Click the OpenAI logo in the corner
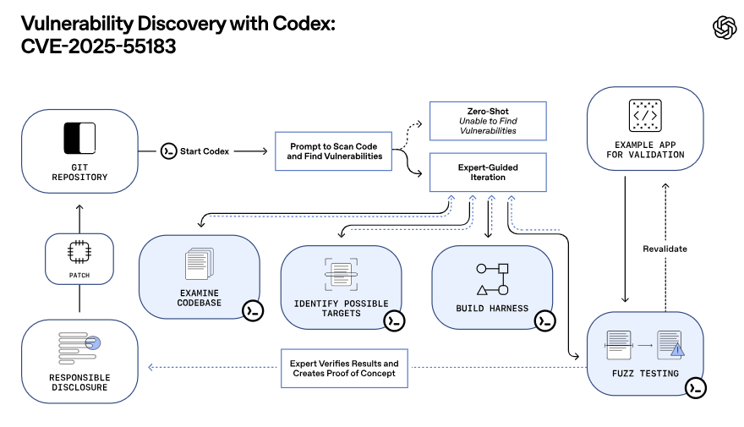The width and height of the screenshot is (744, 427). coord(725,28)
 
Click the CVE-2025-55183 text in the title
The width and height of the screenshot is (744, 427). coord(99,47)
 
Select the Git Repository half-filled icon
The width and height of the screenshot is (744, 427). coord(79,138)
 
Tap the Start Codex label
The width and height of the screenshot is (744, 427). coord(204,151)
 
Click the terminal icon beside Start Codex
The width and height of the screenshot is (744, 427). coord(168,151)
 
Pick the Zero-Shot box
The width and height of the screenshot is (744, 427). coord(488,121)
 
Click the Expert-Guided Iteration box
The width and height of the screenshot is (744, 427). coord(488,172)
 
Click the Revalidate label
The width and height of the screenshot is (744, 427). coord(665,249)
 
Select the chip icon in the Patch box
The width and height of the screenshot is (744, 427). coord(79,251)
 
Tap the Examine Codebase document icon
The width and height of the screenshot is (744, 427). coord(200,264)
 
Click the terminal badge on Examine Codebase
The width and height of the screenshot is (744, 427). coord(252,310)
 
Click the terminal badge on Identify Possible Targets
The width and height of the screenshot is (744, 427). coord(393,320)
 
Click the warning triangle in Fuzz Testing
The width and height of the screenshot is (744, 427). coord(677,349)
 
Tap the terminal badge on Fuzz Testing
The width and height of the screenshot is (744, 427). coord(695,387)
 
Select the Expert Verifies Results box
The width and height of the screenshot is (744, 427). coord(344,369)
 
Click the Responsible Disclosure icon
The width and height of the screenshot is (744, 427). coord(79,345)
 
